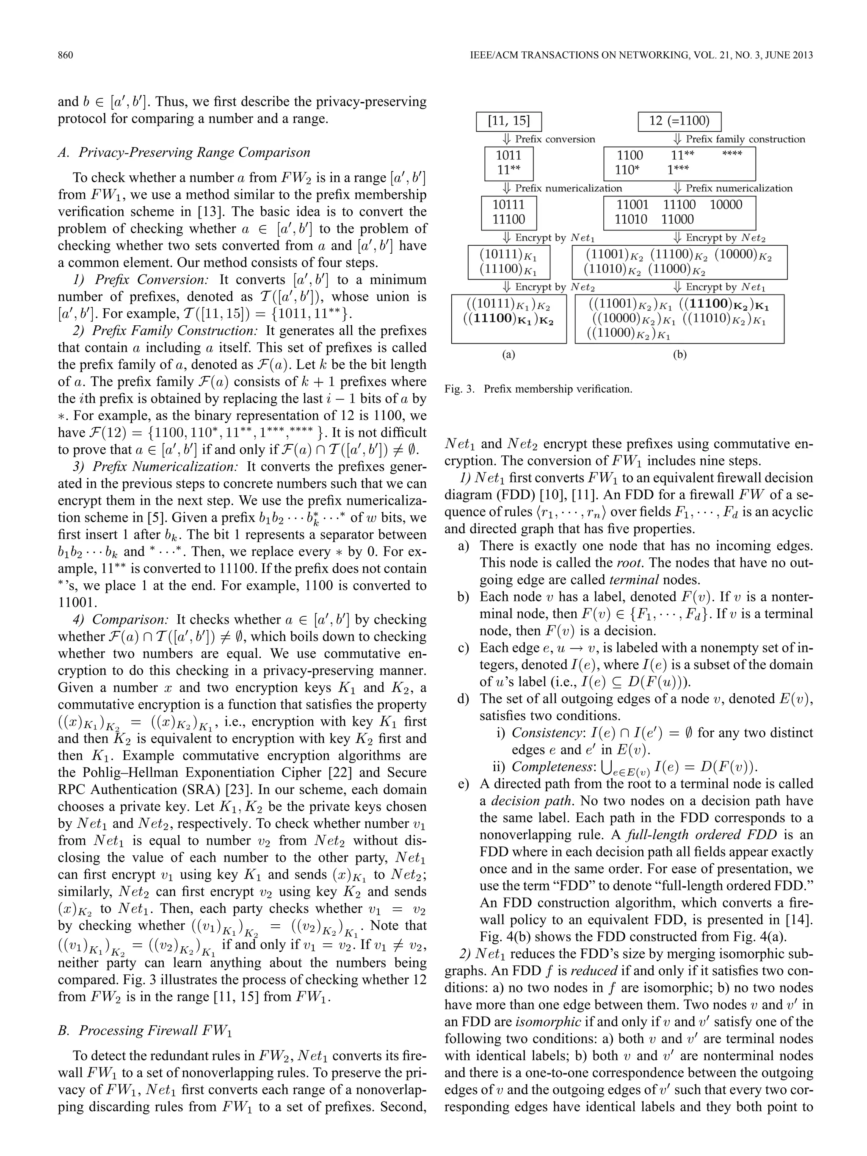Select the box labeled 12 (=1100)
point(679,121)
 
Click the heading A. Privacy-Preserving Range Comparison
point(184,152)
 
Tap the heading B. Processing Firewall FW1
point(145,1030)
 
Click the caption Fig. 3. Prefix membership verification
point(538,389)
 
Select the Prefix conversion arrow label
point(555,139)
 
